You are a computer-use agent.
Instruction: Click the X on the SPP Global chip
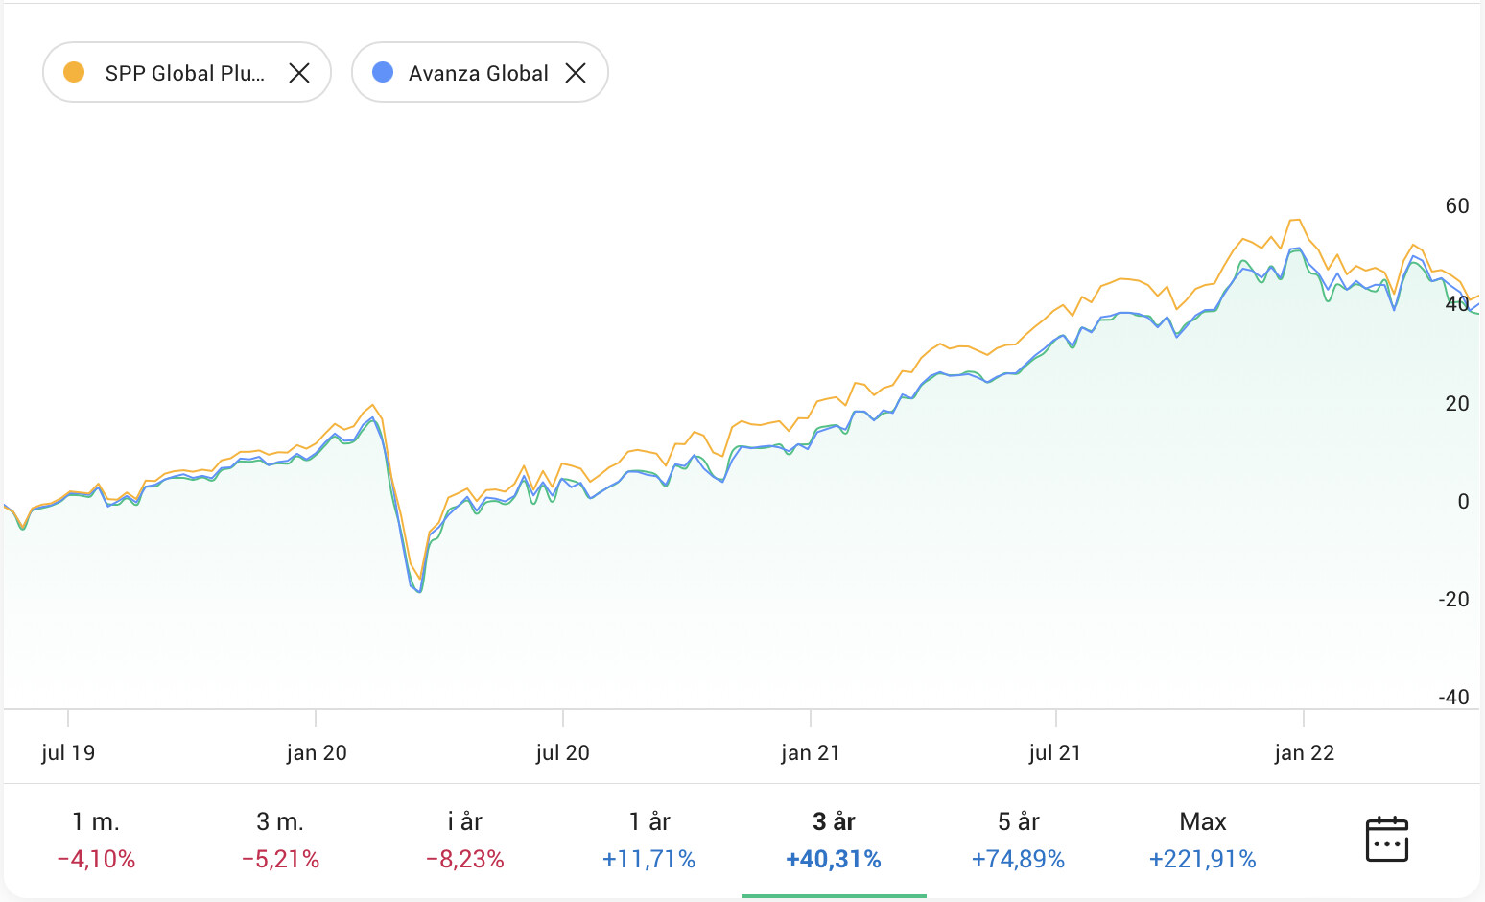[299, 73]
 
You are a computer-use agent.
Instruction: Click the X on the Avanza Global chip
[576, 73]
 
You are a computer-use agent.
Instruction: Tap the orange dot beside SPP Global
[74, 72]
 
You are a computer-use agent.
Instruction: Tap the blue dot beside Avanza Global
[383, 72]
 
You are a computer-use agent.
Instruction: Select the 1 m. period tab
[96, 839]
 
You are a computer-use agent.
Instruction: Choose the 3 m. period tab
[280, 839]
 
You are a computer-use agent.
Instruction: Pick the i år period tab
[465, 839]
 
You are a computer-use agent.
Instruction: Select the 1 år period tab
[649, 839]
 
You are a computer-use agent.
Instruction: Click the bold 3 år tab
[834, 839]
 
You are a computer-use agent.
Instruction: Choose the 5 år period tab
[1019, 839]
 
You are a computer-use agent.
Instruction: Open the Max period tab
[1203, 839]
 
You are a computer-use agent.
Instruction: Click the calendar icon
[1386, 840]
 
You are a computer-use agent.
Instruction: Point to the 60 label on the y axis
[1456, 206]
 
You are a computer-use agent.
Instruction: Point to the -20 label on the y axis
[1453, 600]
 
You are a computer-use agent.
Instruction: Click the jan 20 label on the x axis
[317, 753]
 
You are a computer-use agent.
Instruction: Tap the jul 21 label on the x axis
[1055, 753]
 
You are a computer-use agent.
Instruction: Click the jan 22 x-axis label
[1305, 753]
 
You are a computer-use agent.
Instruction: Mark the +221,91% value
[1203, 859]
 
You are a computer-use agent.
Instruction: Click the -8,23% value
[465, 859]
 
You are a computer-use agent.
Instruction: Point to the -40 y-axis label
[1453, 698]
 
